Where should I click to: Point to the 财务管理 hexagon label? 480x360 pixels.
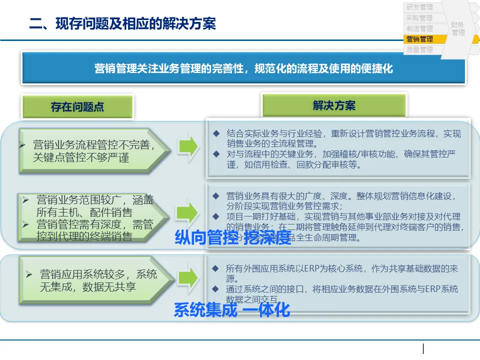[x=457, y=28]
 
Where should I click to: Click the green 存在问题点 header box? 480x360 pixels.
[x=77, y=107]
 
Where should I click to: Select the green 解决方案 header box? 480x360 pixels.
[x=334, y=105]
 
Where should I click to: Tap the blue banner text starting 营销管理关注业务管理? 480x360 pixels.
[x=243, y=68]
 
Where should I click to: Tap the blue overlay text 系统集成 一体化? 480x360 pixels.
[x=231, y=310]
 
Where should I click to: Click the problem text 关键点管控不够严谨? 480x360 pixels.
[x=81, y=158]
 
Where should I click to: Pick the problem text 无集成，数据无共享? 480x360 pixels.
[x=88, y=287]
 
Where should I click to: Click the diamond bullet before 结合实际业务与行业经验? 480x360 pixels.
[x=216, y=134]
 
